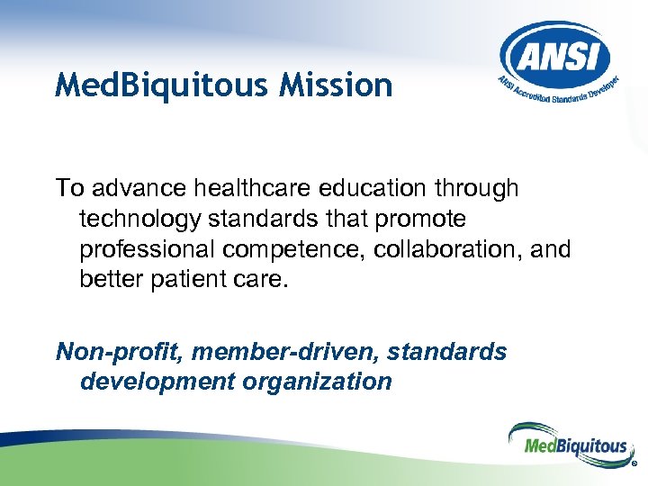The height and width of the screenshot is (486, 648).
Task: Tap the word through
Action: click(x=481, y=188)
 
